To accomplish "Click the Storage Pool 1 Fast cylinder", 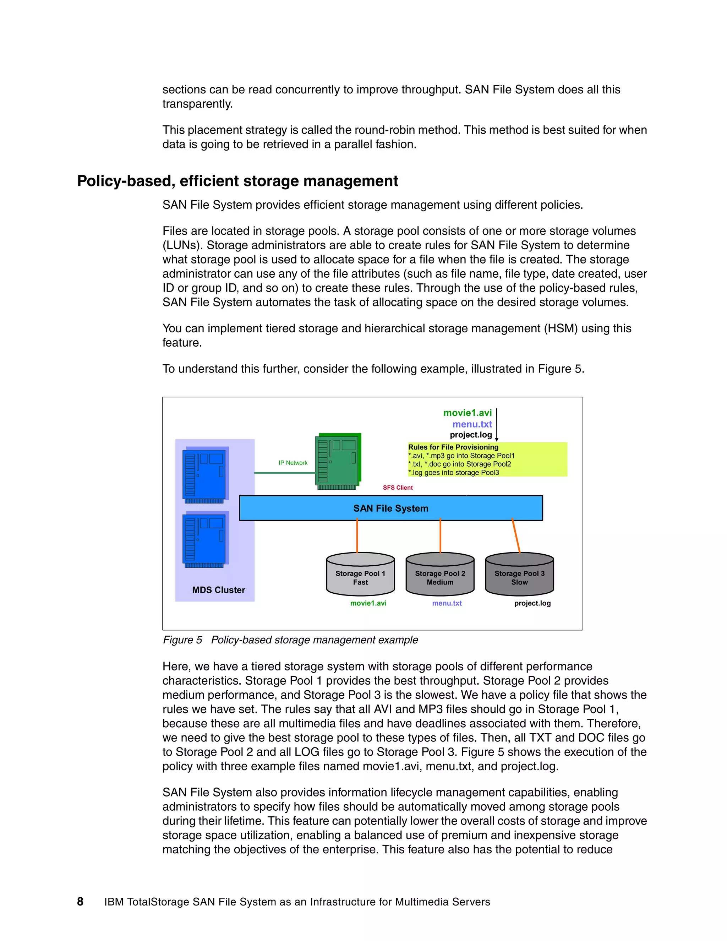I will (361, 575).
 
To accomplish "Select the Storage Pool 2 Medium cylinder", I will (440, 575).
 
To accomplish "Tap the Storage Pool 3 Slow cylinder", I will (519, 575).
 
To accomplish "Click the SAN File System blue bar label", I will (390, 508).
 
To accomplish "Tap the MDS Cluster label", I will (218, 590).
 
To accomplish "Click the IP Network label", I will (293, 463).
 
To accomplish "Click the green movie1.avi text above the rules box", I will (467, 413).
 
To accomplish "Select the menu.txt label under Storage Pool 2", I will (447, 603).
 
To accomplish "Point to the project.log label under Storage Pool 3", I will (532, 603).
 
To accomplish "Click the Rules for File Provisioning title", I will (453, 447).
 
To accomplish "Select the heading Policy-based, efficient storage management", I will (237, 181).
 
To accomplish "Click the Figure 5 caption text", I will (290, 640).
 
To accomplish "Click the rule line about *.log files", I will (454, 473).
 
